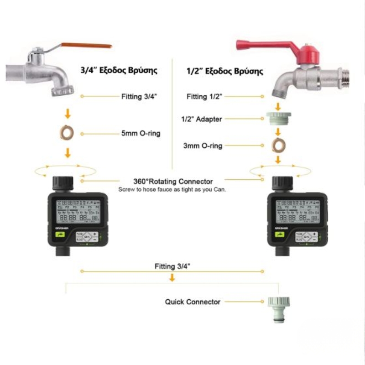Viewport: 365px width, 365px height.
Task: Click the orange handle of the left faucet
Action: point(87,46)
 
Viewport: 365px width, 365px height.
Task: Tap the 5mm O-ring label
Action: point(140,134)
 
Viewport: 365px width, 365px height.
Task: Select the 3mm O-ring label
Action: point(203,146)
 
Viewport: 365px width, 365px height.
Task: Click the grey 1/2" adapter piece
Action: point(277,120)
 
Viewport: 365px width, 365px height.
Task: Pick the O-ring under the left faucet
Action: point(67,132)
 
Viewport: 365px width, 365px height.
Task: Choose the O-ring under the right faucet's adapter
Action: point(277,146)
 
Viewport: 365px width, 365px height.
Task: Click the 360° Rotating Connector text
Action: point(173,181)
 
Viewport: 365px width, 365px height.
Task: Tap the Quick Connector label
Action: point(193,302)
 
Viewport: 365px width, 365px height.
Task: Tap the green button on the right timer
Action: point(279,235)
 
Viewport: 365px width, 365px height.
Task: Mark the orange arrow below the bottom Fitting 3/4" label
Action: point(172,277)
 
